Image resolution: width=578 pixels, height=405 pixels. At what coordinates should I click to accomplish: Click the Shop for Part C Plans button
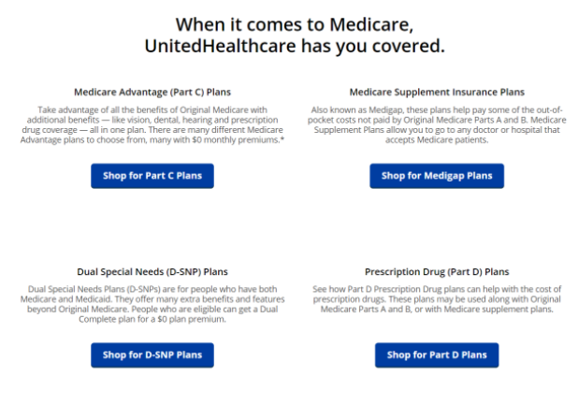(x=152, y=176)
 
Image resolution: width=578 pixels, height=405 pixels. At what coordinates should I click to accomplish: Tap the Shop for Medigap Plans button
(x=437, y=176)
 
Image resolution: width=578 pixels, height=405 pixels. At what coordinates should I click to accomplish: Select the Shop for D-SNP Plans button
(x=152, y=354)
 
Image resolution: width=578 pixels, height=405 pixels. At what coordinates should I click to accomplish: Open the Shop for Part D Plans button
(x=437, y=354)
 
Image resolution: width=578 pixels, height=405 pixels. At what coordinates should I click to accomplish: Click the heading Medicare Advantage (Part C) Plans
(x=152, y=92)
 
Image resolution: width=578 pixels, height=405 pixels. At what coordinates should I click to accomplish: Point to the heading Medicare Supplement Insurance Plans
(x=437, y=92)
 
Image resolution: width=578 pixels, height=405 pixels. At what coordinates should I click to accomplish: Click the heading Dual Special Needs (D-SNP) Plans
(x=152, y=272)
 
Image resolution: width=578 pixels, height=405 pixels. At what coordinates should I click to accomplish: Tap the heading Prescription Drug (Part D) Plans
(x=437, y=272)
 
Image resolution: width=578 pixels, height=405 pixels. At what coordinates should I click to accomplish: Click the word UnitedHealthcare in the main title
(x=220, y=46)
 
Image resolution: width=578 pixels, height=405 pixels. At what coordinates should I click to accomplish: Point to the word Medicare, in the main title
(x=371, y=25)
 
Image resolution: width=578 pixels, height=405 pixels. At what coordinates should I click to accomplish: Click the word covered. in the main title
(x=409, y=46)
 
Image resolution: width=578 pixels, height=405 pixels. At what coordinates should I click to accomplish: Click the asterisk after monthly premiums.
(x=282, y=138)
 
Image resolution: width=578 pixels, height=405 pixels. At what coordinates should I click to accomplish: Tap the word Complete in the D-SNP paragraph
(x=97, y=319)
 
